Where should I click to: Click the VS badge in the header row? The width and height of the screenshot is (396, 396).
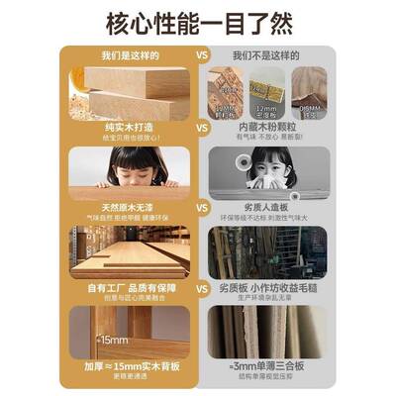tap(202, 57)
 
